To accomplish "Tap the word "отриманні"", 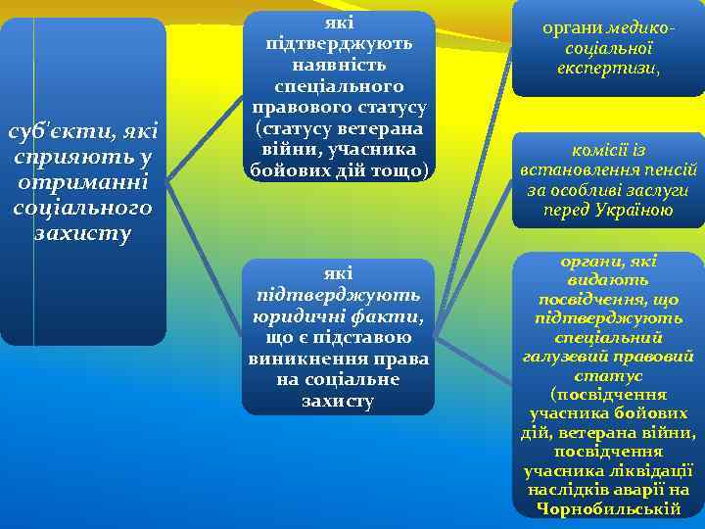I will point(83,182).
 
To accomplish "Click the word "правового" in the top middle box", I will point(294,107).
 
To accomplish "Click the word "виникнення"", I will point(302,359).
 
